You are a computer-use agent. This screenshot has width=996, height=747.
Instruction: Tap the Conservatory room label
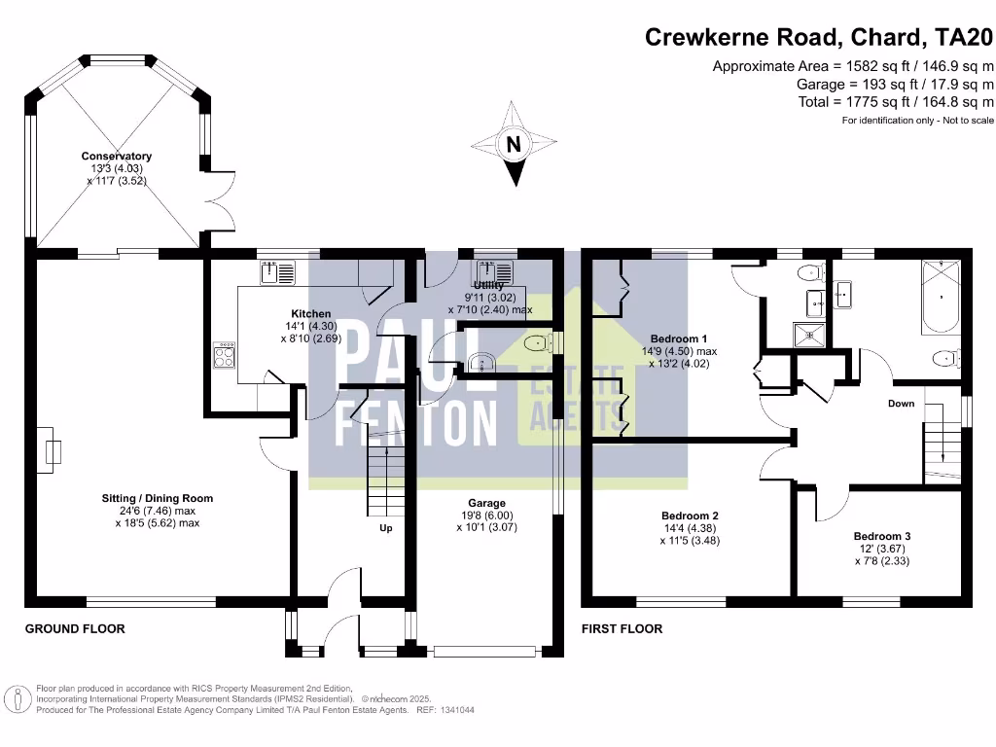(117, 157)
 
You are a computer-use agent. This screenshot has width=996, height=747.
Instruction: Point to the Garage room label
(486, 504)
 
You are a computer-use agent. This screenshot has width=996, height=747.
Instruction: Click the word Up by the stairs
(386, 529)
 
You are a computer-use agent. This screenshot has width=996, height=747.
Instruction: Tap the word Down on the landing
(901, 403)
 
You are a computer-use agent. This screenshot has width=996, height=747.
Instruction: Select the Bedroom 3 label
(882, 536)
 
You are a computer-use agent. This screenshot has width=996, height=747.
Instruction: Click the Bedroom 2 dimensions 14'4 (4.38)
(690, 529)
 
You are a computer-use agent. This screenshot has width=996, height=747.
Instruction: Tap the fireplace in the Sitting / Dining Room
(52, 452)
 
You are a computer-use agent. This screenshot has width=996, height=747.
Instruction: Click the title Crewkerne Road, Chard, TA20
(820, 39)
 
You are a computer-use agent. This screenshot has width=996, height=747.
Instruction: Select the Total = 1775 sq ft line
(896, 101)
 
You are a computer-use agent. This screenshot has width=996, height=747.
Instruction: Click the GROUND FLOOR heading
(75, 629)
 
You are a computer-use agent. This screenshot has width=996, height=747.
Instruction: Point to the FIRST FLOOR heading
(622, 629)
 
